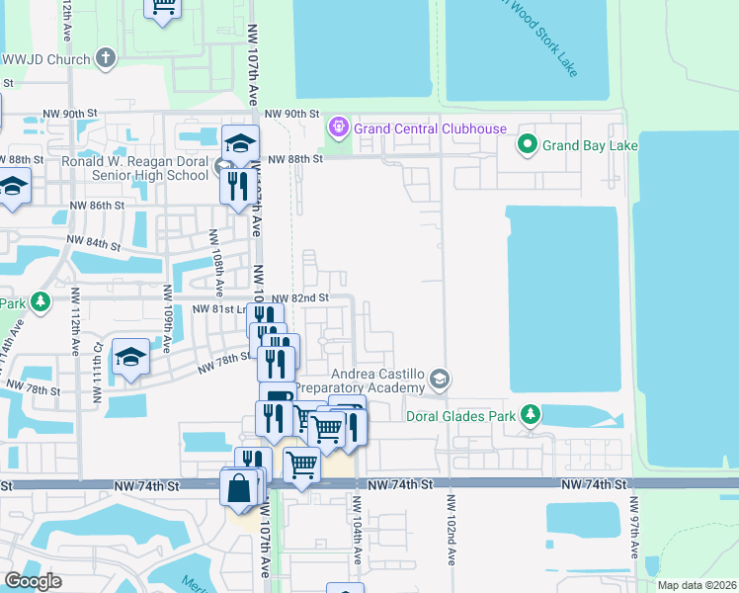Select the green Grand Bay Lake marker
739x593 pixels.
(528, 146)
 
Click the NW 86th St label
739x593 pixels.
(97, 206)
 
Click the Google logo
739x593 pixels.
(34, 580)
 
